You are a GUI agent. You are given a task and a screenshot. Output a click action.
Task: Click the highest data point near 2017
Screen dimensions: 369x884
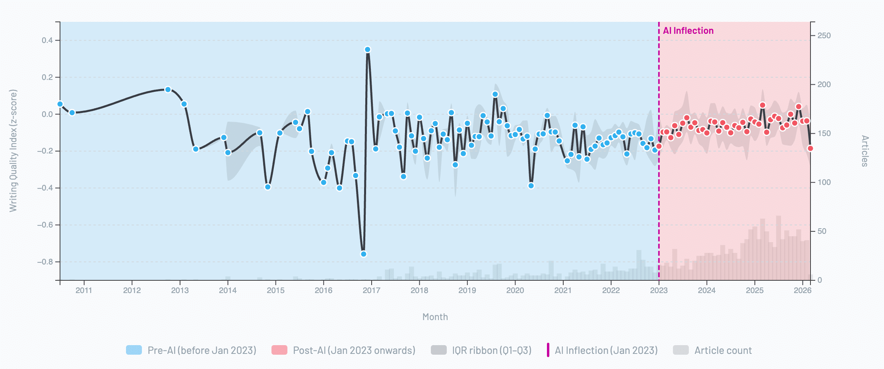click(x=368, y=50)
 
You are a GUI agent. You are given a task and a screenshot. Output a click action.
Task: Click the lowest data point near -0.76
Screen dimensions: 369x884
click(x=363, y=254)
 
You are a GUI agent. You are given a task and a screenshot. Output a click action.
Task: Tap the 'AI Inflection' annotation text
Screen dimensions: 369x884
click(x=688, y=31)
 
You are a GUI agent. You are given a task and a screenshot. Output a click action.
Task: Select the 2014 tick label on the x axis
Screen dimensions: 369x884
click(x=228, y=290)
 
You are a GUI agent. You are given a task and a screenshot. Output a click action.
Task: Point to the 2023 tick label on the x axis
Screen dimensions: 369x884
click(x=659, y=290)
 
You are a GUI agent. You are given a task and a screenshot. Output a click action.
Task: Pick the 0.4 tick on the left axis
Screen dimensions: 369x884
click(x=47, y=40)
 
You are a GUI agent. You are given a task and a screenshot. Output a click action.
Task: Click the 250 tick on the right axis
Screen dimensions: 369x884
click(x=824, y=35)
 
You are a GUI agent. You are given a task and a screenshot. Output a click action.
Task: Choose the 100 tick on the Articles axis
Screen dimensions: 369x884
click(x=824, y=182)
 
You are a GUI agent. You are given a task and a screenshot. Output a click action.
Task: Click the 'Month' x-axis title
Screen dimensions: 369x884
click(x=435, y=317)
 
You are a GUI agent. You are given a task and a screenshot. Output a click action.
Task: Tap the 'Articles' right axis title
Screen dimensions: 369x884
click(x=865, y=151)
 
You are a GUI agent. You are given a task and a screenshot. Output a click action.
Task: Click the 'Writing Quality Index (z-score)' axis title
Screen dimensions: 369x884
click(x=13, y=151)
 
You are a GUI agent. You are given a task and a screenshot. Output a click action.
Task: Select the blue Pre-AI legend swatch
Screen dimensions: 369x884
click(x=134, y=350)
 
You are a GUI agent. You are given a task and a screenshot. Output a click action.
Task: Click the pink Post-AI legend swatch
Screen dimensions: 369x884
click(x=279, y=350)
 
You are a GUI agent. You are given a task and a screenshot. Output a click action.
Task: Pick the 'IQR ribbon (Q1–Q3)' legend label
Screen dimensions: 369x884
click(x=492, y=350)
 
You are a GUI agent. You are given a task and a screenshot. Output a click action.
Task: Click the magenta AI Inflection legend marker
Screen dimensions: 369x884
click(x=548, y=350)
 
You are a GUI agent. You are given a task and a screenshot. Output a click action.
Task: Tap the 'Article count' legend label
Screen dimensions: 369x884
click(x=723, y=350)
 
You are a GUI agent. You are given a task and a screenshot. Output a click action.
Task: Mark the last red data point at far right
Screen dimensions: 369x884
click(x=810, y=148)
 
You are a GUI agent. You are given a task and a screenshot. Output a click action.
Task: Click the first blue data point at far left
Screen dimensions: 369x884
click(x=60, y=104)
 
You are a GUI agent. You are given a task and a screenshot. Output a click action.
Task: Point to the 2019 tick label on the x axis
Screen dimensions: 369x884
click(x=467, y=290)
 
